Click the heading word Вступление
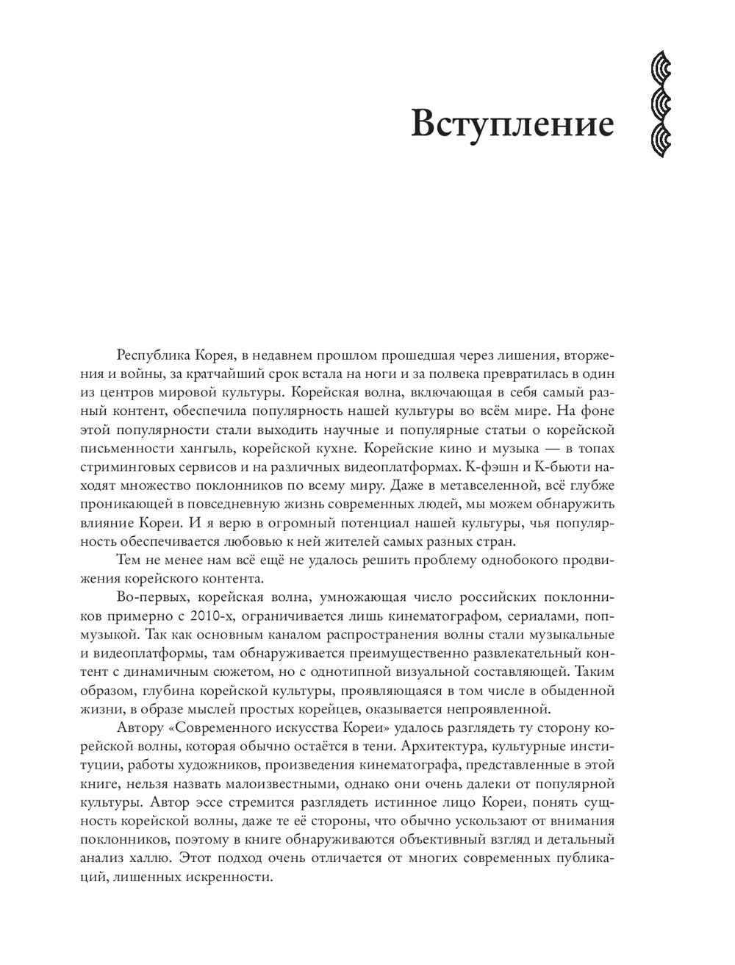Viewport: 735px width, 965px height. (x=512, y=123)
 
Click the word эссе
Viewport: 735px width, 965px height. (x=236, y=801)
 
